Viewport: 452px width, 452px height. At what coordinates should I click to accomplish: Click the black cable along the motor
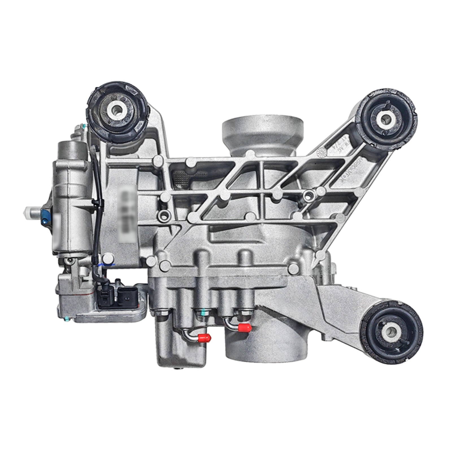coord(97,203)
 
